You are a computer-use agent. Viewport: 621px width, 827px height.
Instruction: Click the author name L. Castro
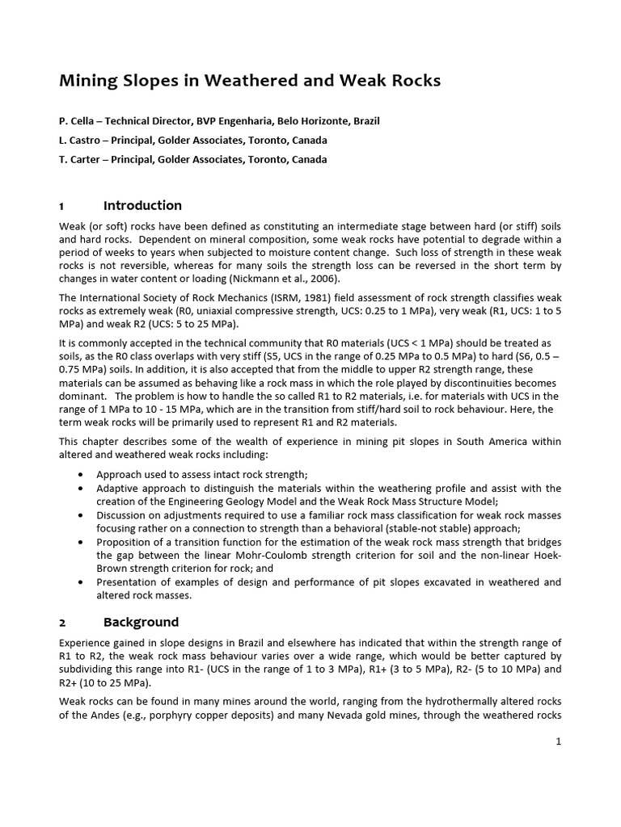point(81,141)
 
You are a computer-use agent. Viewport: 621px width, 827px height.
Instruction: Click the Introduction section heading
point(142,205)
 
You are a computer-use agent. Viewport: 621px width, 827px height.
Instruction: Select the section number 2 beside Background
point(62,622)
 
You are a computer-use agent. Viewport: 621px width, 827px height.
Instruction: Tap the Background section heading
point(141,622)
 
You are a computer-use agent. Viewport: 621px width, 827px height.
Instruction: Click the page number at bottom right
point(558,742)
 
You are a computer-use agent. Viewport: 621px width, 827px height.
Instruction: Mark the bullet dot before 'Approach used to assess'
point(82,475)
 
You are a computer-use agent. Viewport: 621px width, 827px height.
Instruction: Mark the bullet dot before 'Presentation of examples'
point(82,582)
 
